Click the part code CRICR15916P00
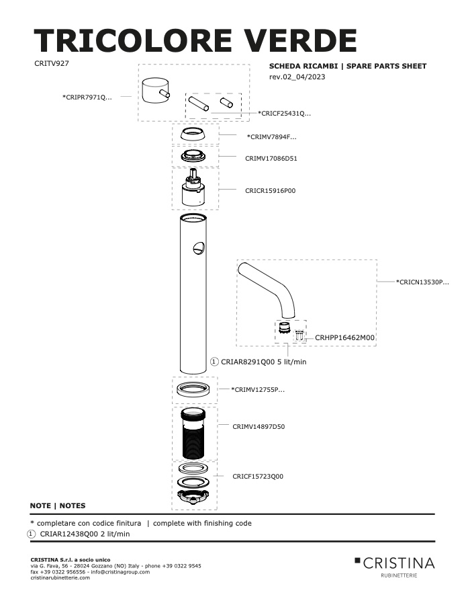tap(270, 191)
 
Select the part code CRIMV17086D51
tap(271, 158)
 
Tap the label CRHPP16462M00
tap(344, 337)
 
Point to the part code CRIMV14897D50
tap(259, 427)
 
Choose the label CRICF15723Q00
tap(258, 477)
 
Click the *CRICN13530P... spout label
tap(422, 282)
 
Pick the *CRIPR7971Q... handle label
tap(87, 97)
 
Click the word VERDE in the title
tap(299, 41)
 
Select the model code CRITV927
tap(52, 63)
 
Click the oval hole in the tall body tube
tap(199, 247)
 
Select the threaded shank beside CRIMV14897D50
tap(193, 434)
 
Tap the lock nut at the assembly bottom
tap(193, 495)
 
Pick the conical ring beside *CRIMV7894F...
tap(193, 134)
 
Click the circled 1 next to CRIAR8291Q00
tap(214, 362)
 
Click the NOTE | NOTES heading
tap(58, 506)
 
